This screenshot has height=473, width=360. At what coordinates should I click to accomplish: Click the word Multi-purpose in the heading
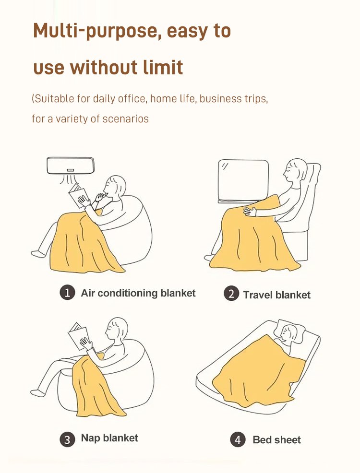(x=96, y=31)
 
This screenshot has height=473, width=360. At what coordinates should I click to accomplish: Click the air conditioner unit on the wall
(x=71, y=166)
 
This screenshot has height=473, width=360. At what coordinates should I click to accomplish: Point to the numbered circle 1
(x=67, y=293)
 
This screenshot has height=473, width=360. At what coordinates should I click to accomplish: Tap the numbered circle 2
(x=231, y=294)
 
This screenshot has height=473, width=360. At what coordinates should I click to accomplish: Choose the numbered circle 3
(x=67, y=439)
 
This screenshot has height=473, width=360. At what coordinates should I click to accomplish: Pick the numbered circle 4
(x=238, y=439)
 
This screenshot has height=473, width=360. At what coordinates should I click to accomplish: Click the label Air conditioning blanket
(x=138, y=293)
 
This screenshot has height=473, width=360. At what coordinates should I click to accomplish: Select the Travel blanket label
(x=276, y=295)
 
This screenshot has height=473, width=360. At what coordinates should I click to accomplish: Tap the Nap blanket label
(x=109, y=438)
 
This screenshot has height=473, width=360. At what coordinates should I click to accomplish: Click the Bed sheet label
(x=276, y=440)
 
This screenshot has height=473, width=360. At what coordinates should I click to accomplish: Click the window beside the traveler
(x=243, y=180)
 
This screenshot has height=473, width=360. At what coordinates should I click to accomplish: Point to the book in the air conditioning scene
(x=78, y=195)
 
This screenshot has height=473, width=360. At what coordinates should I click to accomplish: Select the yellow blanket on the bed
(x=259, y=371)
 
